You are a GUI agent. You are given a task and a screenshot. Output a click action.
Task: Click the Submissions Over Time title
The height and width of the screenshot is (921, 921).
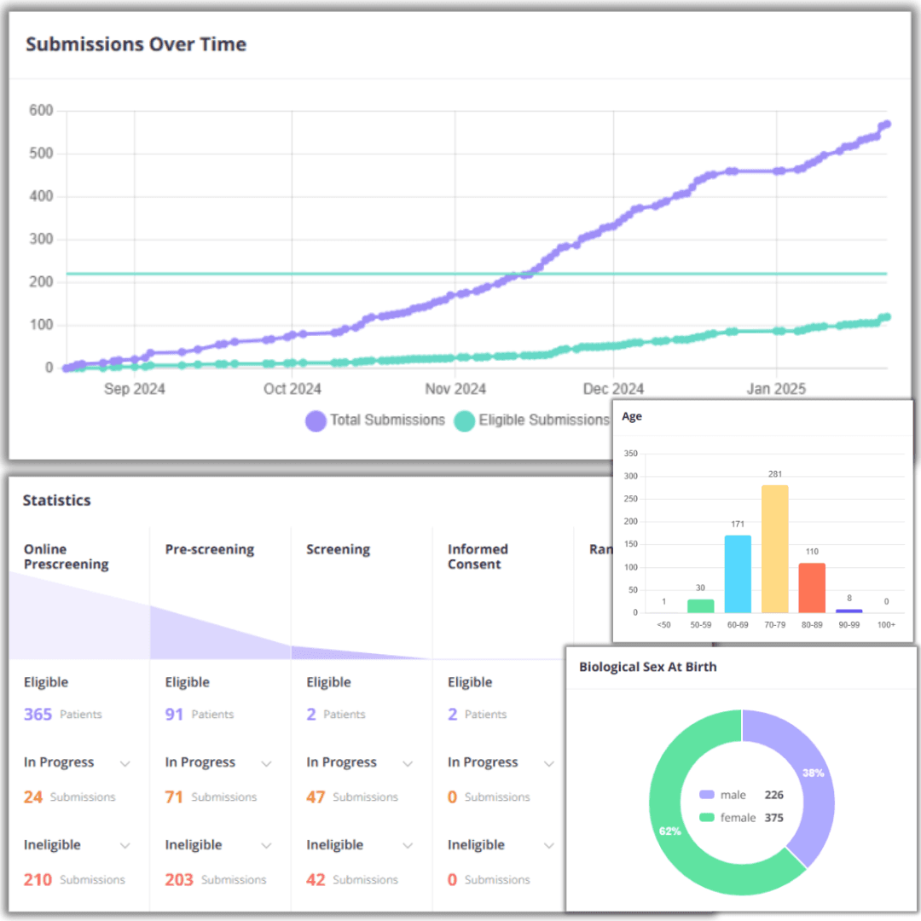(136, 44)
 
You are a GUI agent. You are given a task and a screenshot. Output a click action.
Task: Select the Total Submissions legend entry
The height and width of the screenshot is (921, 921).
(375, 420)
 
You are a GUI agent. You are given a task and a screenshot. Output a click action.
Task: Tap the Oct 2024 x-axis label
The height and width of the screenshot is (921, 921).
(293, 389)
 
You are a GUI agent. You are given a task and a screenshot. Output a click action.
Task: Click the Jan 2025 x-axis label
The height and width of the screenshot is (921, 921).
(776, 389)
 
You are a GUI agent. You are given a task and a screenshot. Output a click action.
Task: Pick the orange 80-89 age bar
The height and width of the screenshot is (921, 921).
(812, 588)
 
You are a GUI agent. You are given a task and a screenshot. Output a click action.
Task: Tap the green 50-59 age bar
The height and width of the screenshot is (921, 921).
(700, 605)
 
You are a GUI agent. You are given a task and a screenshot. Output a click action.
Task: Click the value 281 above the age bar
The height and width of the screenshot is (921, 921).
(774, 474)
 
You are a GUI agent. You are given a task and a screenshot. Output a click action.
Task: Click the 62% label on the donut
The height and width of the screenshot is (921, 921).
(669, 830)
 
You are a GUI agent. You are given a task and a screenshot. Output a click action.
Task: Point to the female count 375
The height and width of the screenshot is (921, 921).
(773, 818)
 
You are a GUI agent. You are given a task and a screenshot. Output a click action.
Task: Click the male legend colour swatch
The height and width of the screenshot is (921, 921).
(706, 795)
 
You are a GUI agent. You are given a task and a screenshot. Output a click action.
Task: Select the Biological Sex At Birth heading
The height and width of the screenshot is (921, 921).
(647, 667)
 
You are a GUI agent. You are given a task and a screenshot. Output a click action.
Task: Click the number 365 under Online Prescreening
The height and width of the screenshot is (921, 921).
(38, 714)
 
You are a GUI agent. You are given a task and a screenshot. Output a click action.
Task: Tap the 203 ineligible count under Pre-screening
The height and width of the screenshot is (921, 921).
(179, 879)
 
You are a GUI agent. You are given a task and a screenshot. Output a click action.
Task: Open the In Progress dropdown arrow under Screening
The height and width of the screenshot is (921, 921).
(408, 763)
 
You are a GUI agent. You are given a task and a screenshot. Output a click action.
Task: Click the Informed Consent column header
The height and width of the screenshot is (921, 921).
(478, 556)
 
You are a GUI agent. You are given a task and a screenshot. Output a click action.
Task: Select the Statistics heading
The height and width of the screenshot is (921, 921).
(56, 501)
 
